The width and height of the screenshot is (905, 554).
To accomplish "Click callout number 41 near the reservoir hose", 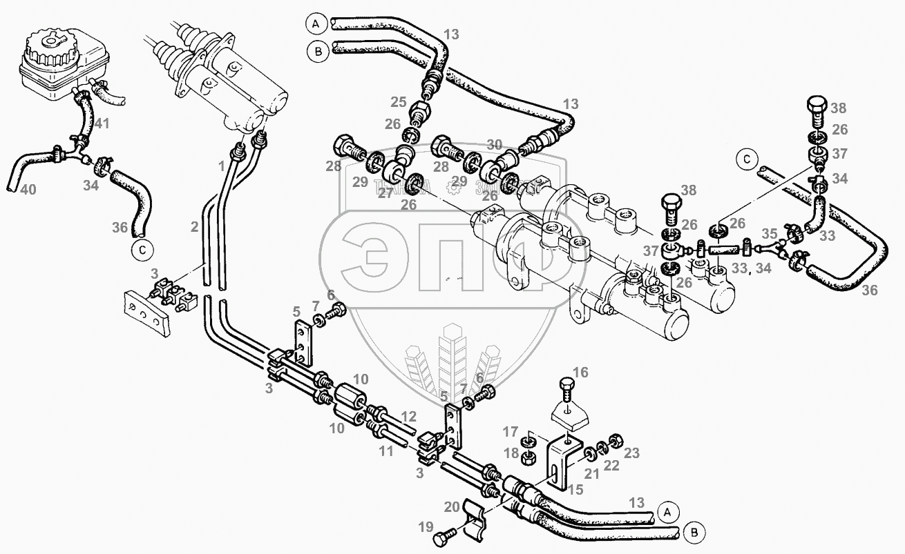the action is click(103, 124).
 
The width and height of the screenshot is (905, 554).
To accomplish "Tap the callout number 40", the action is click(28, 189).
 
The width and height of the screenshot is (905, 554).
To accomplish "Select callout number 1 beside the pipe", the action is click(222, 166).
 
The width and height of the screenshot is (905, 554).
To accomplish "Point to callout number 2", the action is click(195, 226).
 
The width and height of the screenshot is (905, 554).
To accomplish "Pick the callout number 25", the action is click(398, 102).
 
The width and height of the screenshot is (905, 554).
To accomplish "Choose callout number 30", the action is click(495, 146).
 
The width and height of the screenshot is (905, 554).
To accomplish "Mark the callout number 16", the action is click(580, 373).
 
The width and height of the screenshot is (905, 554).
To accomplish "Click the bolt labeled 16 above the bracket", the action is click(567, 390).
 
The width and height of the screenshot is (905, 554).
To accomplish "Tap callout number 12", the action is click(409, 416).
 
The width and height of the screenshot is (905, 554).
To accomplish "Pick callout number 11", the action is click(385, 452).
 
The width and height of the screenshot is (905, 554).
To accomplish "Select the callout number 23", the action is click(631, 453).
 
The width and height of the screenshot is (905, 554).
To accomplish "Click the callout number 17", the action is click(511, 433).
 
